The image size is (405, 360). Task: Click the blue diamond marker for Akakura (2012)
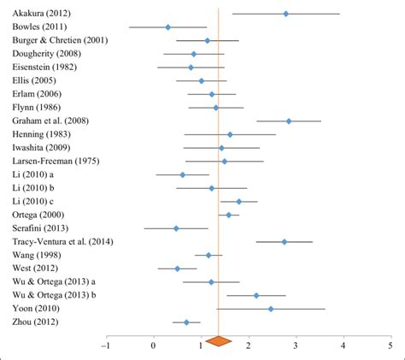[285, 14]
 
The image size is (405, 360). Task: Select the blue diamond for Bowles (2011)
[167, 27]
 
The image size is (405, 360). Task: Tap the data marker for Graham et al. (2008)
[289, 121]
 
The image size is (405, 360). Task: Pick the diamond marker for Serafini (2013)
[176, 228]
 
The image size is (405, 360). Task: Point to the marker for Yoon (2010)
[271, 309]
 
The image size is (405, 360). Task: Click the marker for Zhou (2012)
[186, 322]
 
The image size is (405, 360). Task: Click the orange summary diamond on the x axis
[219, 341]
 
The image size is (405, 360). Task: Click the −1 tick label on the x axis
[105, 346]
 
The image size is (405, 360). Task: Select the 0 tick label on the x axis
[154, 346]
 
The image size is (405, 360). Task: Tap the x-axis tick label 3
[296, 346]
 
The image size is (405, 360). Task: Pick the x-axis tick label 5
[390, 346]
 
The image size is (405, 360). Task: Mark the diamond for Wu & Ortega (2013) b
[256, 295]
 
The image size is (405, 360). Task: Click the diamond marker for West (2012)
[178, 269]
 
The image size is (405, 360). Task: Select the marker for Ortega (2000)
[228, 215]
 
